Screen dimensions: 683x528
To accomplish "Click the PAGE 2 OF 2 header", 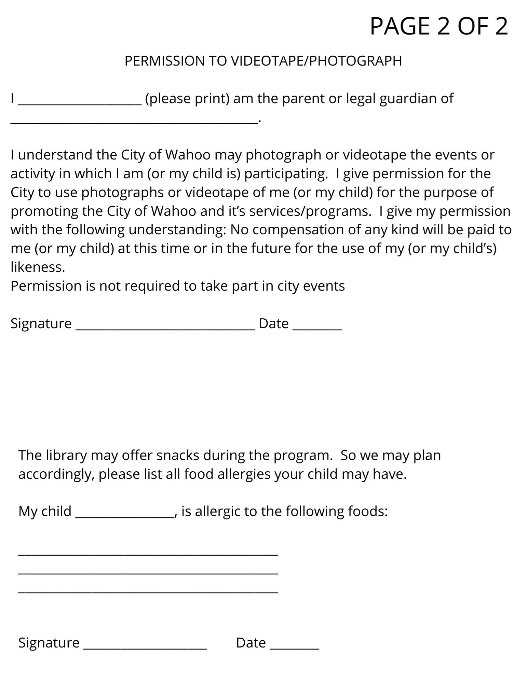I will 439,26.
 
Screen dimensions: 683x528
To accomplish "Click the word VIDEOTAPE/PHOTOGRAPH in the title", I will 316,61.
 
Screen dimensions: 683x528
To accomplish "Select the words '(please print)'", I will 187,99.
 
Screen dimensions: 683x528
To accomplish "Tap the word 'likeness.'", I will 38,267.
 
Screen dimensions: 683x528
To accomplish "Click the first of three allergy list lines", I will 148,555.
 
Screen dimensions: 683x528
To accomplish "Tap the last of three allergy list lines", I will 148,593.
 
